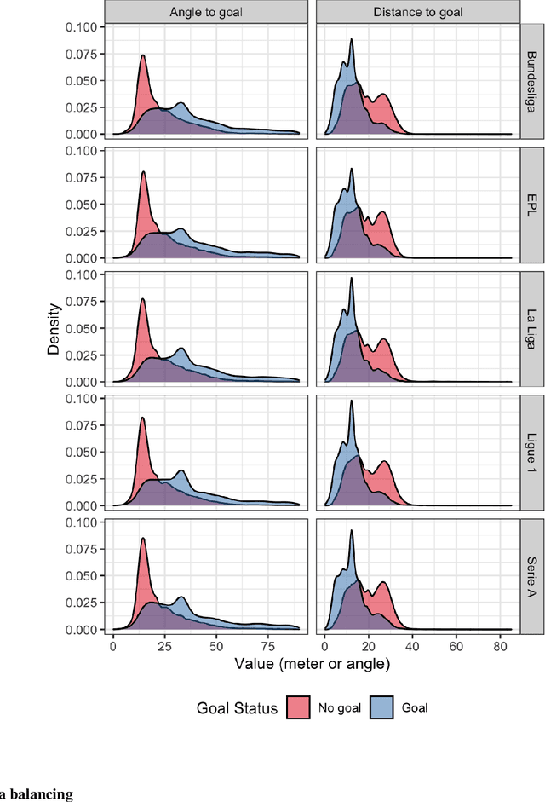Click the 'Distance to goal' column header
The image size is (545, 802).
[x=417, y=11]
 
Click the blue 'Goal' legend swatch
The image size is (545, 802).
[x=381, y=707]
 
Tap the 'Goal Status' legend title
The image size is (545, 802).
[x=237, y=707]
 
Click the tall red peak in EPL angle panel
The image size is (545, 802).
[x=143, y=175]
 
